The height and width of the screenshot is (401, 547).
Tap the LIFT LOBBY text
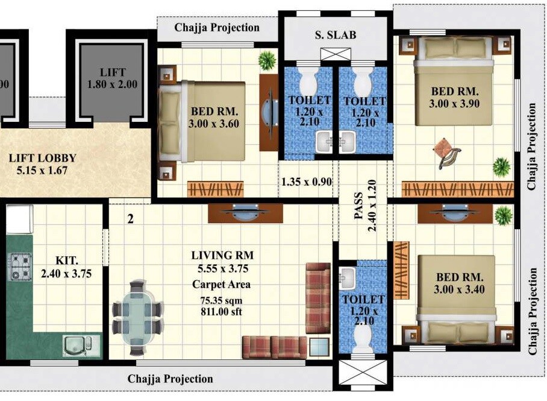click(42, 159)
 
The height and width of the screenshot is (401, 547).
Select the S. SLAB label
click(336, 35)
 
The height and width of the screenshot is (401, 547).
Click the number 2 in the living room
click(130, 219)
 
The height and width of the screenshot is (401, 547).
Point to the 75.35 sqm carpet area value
click(221, 300)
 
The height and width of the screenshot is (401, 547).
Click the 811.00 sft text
click(221, 312)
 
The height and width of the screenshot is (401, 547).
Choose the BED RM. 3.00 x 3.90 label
click(455, 98)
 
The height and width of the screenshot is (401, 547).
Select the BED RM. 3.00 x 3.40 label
click(460, 283)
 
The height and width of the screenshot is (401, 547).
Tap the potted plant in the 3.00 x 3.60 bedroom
click(266, 60)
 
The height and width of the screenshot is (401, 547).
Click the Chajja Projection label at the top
click(217, 27)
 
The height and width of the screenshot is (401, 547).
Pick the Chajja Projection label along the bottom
click(170, 379)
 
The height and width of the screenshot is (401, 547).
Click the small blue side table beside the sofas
click(319, 347)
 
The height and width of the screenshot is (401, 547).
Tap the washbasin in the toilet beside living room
click(348, 277)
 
